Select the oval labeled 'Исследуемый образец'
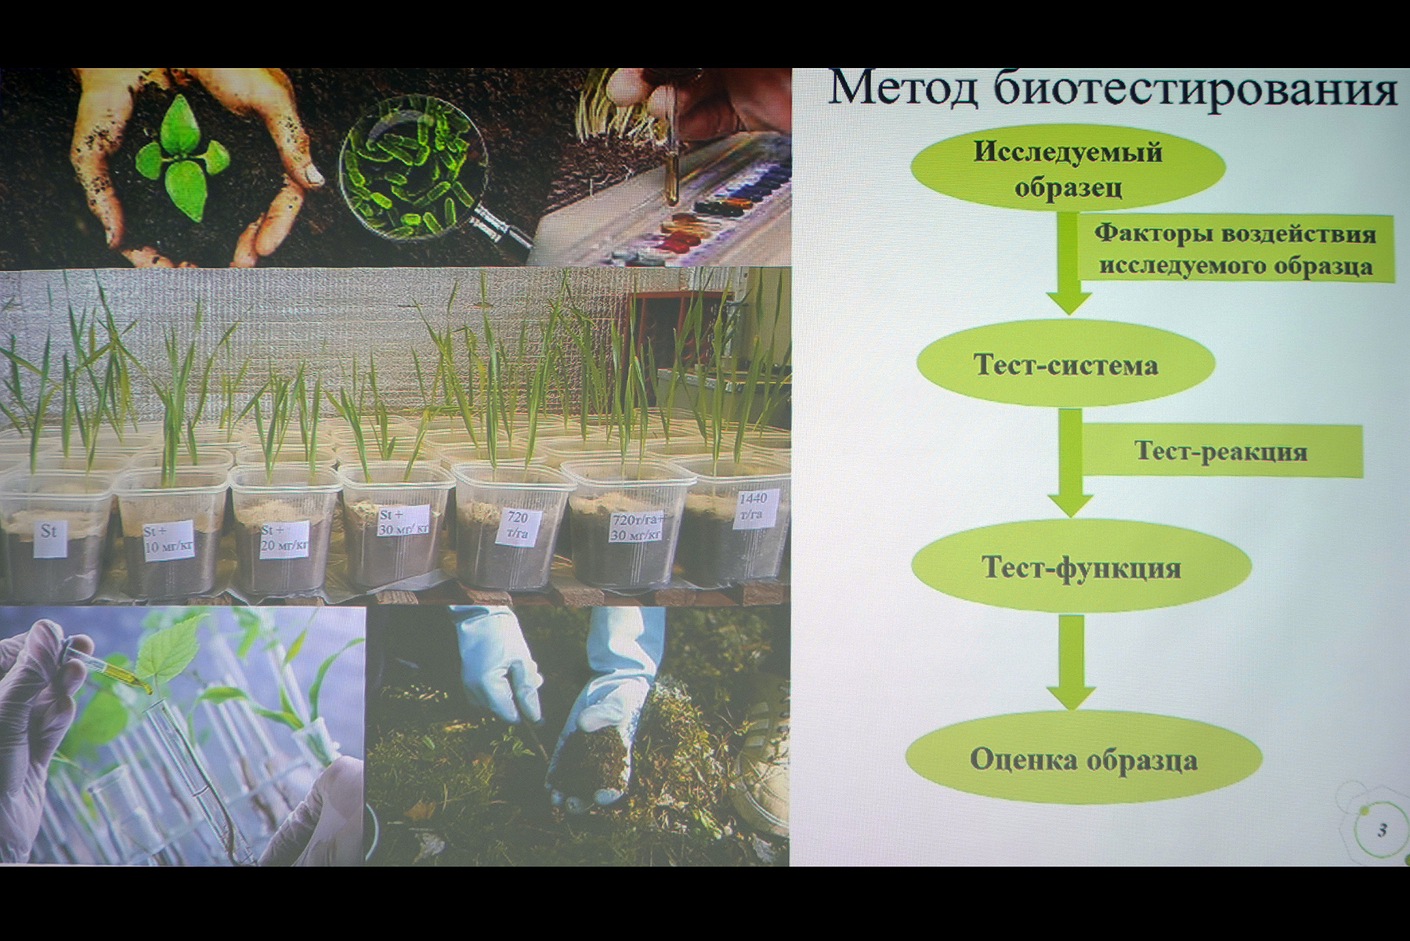point(1068,169)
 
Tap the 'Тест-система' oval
point(1065,364)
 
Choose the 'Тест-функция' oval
point(1081,566)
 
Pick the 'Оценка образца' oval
point(1083,758)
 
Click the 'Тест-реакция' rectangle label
point(1220,451)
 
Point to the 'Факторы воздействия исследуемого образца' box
point(1235,248)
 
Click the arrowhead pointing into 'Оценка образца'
point(1071,696)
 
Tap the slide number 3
point(1382,830)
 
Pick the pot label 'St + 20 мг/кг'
point(284,540)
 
